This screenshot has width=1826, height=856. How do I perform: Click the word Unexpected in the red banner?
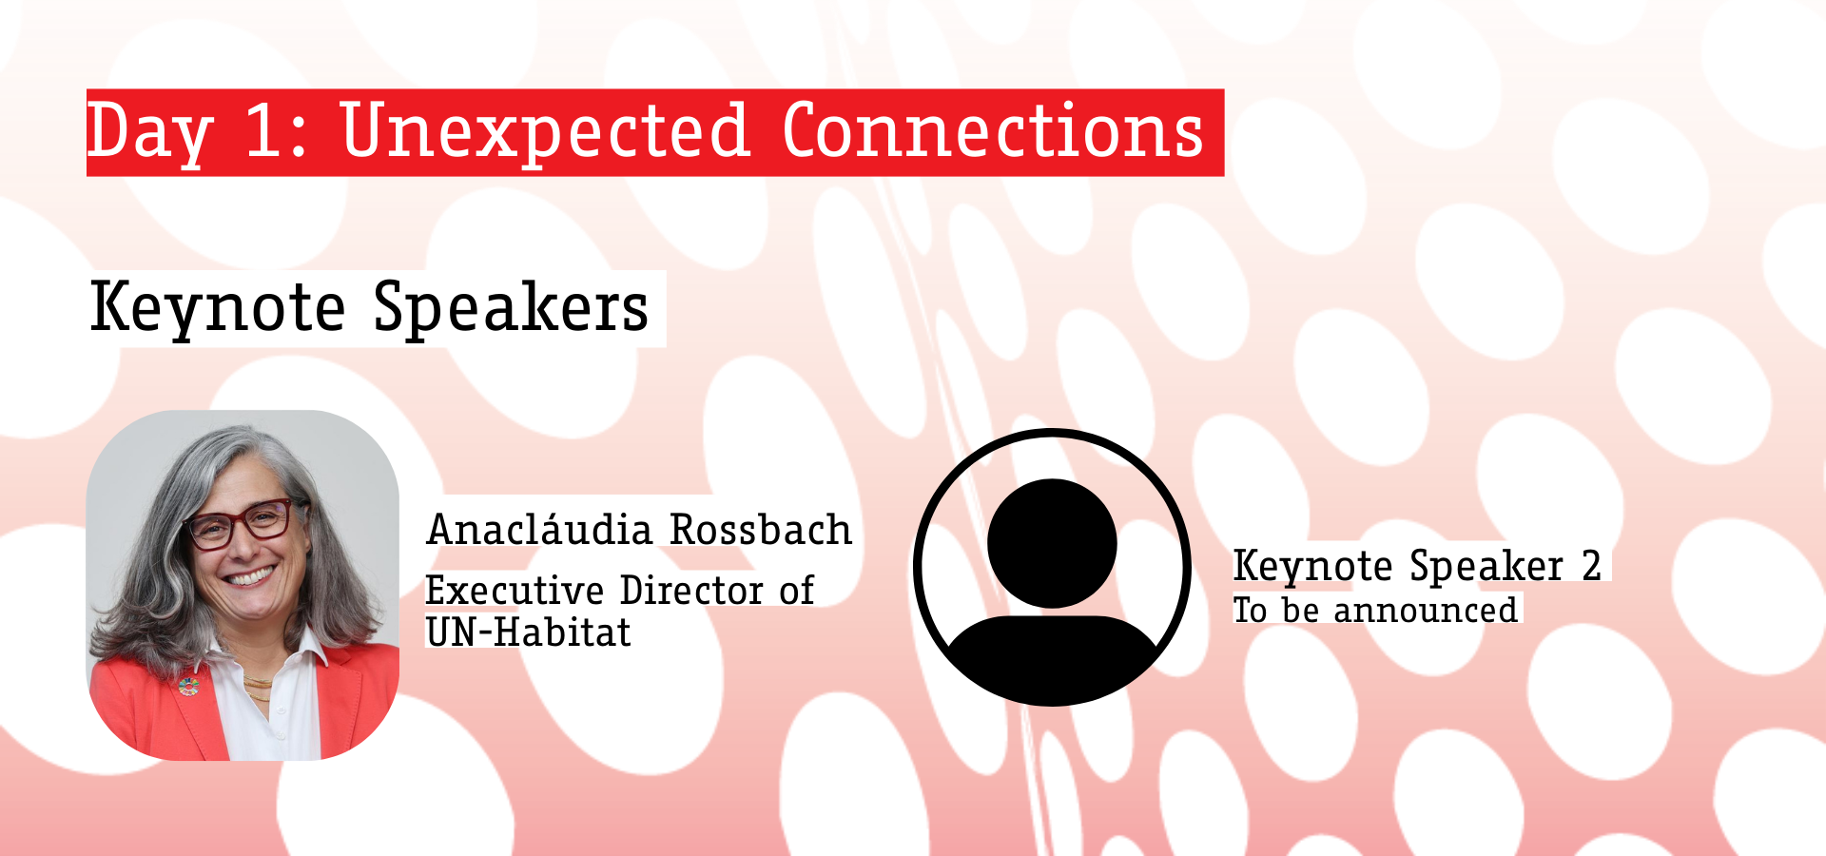pos(546,131)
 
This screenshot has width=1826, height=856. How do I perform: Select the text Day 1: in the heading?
pos(197,133)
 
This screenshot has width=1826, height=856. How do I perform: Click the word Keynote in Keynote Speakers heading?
pos(218,308)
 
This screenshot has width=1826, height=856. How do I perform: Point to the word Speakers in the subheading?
pos(511,308)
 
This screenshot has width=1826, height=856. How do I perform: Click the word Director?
pos(691,590)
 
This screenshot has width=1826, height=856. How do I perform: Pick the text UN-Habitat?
pos(528,632)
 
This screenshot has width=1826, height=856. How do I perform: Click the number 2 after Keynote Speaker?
pos(1591,566)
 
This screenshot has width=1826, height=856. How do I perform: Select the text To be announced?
pos(1375,610)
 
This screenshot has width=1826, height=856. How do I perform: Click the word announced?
pos(1426,611)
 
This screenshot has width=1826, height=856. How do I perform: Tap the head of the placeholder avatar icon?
pos(1052,542)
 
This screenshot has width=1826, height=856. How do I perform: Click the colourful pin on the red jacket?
pos(188,686)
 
